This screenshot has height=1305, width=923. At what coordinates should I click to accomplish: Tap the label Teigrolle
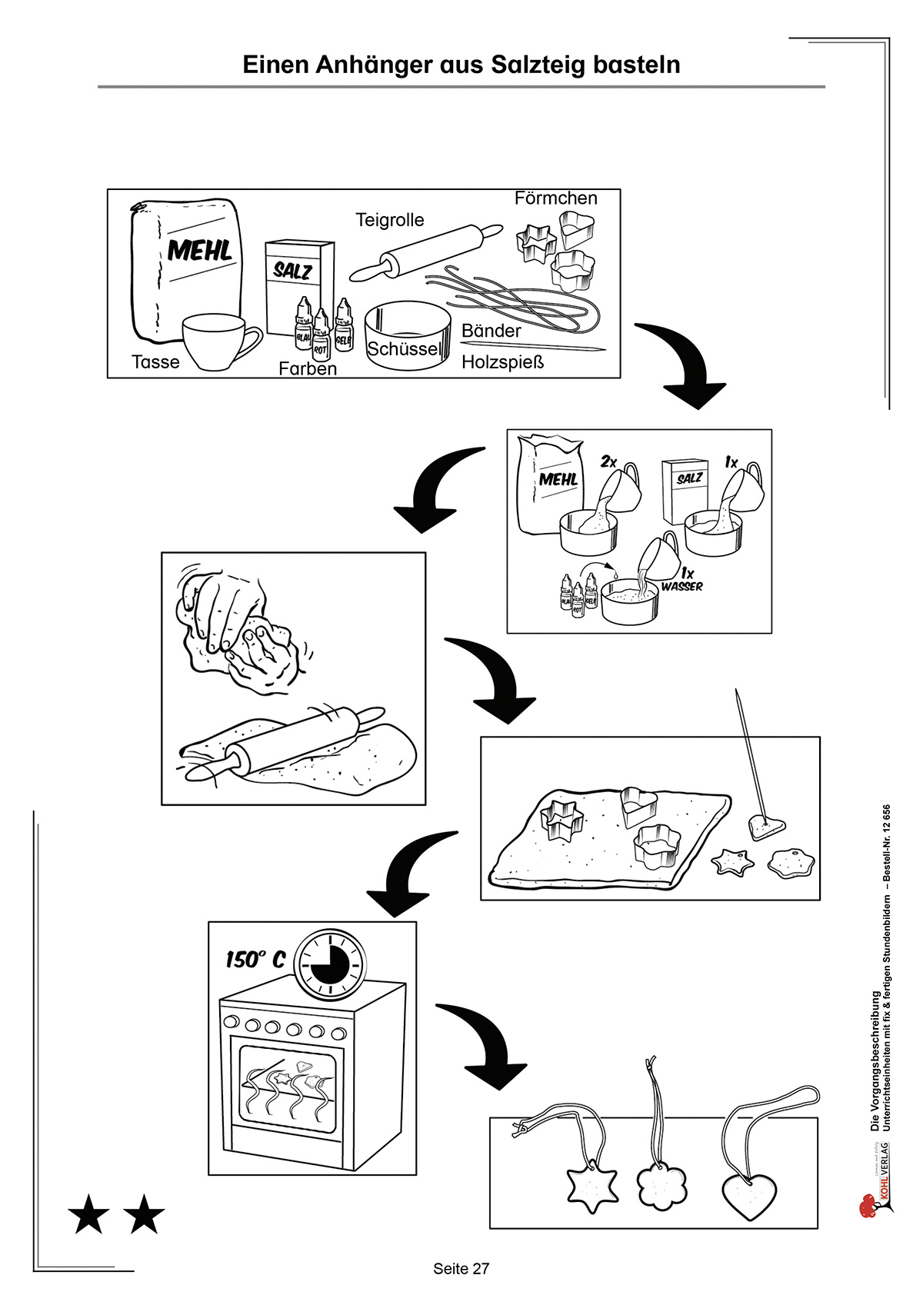tap(389, 221)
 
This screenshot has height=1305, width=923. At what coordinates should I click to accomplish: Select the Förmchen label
tap(555, 198)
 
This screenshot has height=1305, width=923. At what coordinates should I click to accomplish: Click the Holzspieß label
tap(502, 362)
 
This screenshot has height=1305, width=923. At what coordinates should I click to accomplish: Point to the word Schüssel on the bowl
tap(404, 349)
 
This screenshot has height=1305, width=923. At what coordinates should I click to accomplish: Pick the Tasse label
tap(155, 362)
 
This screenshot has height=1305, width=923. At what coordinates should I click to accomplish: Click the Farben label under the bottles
tap(308, 369)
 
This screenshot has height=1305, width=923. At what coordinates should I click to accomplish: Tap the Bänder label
tap(491, 331)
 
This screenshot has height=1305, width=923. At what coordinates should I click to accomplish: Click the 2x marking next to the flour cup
tap(608, 461)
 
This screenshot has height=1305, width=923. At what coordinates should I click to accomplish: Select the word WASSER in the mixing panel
tap(681, 587)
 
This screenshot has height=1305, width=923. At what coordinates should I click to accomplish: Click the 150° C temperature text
tap(255, 960)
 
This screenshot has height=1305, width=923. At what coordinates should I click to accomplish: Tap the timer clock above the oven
tap(331, 960)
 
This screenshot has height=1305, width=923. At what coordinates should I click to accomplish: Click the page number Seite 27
tap(461, 1270)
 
